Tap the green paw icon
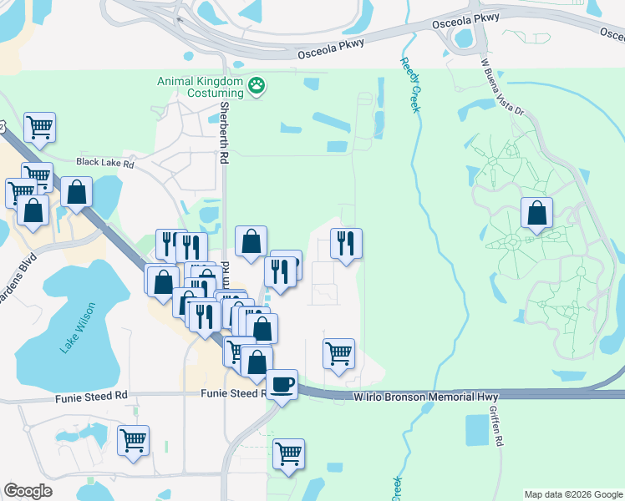[x=257, y=84]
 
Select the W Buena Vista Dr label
[x=501, y=86]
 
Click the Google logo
[x=28, y=491]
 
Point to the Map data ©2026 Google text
[x=572, y=494]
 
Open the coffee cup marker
[x=282, y=384]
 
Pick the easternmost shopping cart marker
[x=338, y=353]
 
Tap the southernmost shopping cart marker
[x=288, y=453]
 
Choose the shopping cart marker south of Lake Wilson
[x=133, y=440]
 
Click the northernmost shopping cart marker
[x=39, y=127]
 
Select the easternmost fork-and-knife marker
[x=346, y=243]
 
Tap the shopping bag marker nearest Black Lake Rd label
[x=76, y=191]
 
